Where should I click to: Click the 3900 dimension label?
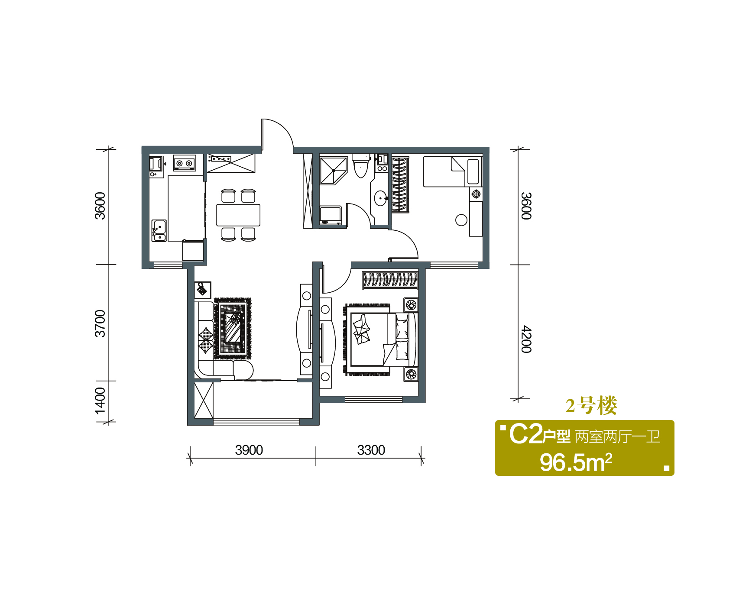coord(249,450)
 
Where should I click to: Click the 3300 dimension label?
coord(371,450)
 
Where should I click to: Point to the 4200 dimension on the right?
coord(526,339)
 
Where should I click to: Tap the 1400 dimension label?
coord(100,401)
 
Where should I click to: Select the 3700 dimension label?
coord(100,323)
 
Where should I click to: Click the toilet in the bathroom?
coord(360,165)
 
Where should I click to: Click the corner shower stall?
coord(334,171)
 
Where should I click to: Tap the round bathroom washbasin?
coord(381,199)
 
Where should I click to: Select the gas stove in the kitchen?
coord(184,163)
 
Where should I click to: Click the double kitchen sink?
coord(159,231)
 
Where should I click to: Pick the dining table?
coord(238,215)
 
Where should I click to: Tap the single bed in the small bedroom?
coord(452,171)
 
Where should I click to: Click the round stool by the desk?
coord(461,220)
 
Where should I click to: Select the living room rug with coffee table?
coord(233,328)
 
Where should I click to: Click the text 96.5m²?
coord(576,462)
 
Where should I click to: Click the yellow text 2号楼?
coord(591,406)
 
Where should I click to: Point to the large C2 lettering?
coord(525,434)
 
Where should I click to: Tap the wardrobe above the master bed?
coord(390,279)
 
